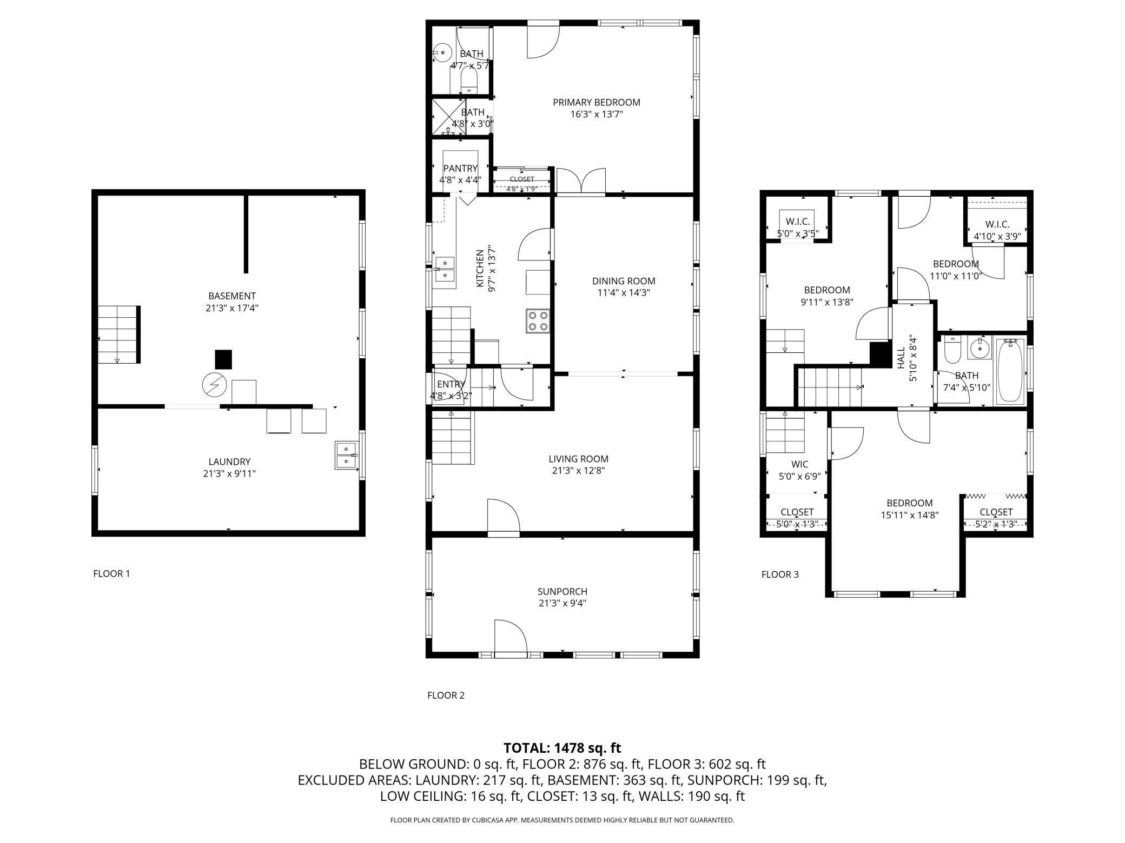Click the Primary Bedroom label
(596, 102)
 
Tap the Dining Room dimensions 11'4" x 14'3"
(623, 293)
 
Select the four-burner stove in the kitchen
(537, 320)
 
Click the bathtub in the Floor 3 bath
(1010, 370)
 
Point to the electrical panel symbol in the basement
(214, 385)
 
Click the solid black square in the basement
(223, 359)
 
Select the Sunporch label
(562, 592)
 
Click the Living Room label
(578, 459)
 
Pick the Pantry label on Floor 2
(460, 169)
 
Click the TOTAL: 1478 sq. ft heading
(562, 748)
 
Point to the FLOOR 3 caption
(780, 574)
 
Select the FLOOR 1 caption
(111, 573)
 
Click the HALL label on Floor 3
(901, 358)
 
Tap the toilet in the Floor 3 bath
(952, 350)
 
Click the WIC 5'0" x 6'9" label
(799, 470)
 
